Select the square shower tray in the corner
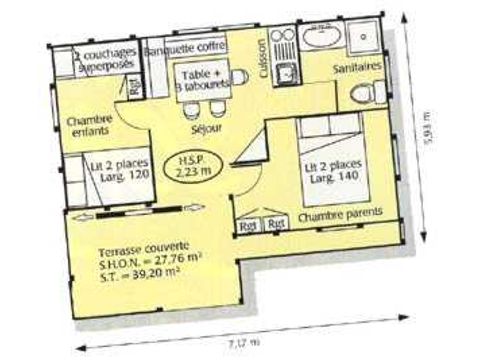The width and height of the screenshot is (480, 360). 361,40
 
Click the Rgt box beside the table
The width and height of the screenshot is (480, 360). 135,87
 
